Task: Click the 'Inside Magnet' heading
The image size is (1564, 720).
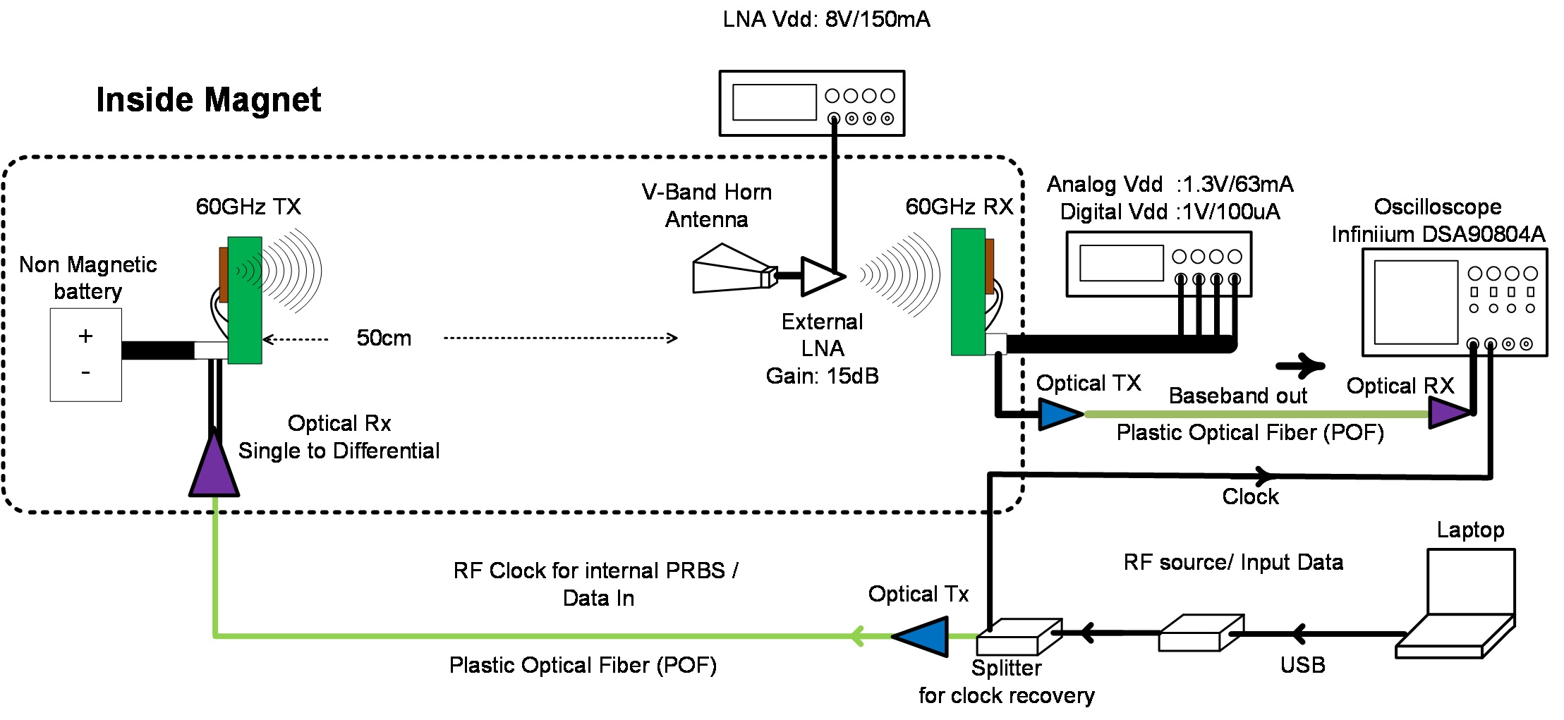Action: click(x=208, y=100)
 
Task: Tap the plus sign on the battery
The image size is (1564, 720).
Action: click(x=85, y=336)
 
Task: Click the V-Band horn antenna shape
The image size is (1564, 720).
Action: click(x=730, y=269)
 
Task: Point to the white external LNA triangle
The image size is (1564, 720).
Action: click(x=820, y=276)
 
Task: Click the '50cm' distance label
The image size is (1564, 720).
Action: click(x=384, y=338)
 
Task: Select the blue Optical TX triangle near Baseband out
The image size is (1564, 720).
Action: click(x=1058, y=414)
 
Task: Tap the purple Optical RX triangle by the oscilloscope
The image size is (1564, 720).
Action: click(x=1448, y=413)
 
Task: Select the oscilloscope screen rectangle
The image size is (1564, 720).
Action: click(x=1415, y=302)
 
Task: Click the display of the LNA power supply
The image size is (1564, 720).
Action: click(x=774, y=102)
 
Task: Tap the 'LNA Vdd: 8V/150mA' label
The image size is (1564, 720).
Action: click(x=826, y=19)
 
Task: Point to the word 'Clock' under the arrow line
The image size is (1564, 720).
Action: click(x=1250, y=496)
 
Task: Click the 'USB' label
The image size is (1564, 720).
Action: click(x=1302, y=664)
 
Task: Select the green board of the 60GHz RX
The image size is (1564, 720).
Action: click(x=968, y=291)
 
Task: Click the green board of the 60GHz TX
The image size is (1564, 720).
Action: click(x=245, y=300)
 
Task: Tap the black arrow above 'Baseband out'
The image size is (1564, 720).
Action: click(x=1299, y=365)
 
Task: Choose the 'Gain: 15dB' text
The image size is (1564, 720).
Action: click(x=822, y=376)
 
